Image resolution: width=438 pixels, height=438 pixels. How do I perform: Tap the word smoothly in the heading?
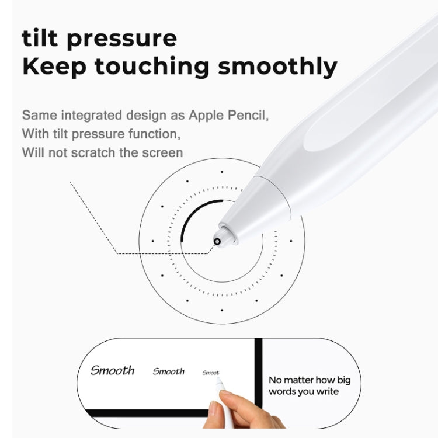pyautogui.click(x=277, y=67)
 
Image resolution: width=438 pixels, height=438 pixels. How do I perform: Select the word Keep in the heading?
pyautogui.click(x=54, y=66)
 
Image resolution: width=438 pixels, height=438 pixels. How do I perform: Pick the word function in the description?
pyautogui.click(x=152, y=134)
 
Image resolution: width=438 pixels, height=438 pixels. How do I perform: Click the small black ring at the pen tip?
pyautogui.click(x=217, y=241)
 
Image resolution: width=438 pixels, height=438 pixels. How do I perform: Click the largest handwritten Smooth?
pyautogui.click(x=113, y=370)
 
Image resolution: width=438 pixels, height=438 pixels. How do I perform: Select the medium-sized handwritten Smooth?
pyautogui.click(x=168, y=371)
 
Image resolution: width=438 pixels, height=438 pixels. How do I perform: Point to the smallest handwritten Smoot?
pyautogui.click(x=211, y=373)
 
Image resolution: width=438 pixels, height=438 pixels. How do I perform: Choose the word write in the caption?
pyautogui.click(x=327, y=391)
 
